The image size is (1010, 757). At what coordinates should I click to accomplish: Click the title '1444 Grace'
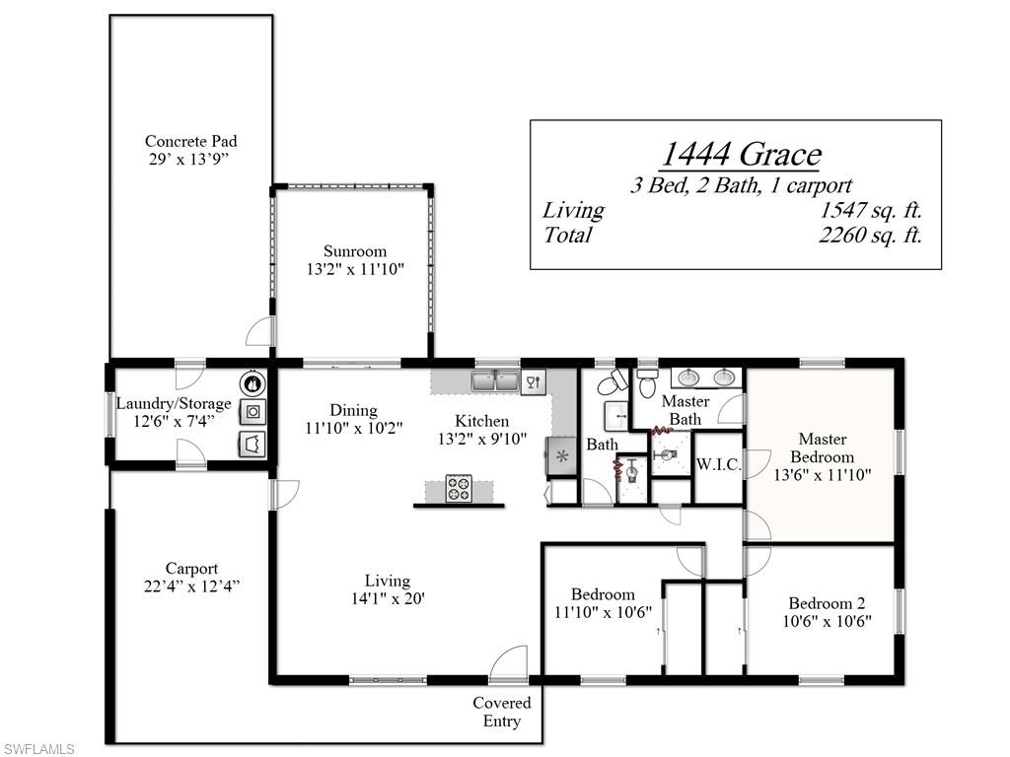pos(739,155)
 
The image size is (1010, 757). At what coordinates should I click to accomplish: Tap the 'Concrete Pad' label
pos(190,141)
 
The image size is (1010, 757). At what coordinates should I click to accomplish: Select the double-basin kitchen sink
pos(495,381)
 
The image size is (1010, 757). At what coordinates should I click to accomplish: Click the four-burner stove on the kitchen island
pos(459,488)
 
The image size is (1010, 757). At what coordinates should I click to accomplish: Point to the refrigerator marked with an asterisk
pos(562,455)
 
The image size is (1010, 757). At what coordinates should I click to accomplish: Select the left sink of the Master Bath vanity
pos(687,377)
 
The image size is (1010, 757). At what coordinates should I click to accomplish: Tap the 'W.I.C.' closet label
pos(718,464)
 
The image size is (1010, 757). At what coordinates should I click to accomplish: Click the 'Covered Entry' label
pos(501,712)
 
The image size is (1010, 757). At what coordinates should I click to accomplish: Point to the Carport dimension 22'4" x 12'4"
pos(191,585)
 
